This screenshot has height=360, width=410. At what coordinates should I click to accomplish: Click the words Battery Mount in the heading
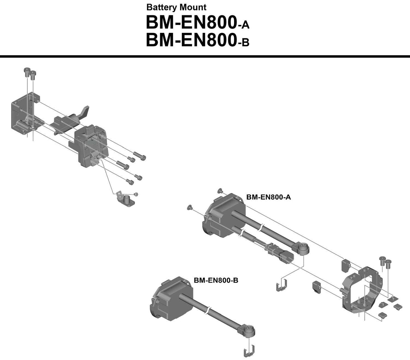176,7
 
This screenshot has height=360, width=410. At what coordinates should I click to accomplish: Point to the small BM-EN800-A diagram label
268,197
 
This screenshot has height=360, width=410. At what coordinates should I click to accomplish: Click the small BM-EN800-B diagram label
216,280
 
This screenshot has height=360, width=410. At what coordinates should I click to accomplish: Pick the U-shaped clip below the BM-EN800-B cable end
249,351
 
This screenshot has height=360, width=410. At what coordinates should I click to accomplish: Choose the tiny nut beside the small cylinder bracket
136,194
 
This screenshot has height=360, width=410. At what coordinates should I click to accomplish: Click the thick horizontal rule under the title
205,56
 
